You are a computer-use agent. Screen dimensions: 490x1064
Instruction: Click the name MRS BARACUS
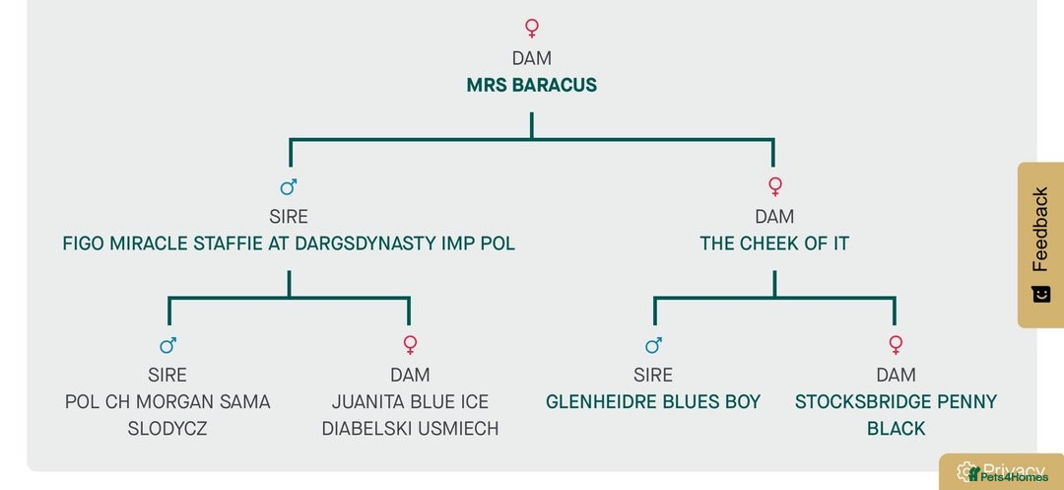coord(531,85)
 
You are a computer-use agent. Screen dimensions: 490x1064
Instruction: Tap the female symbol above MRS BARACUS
coord(532,28)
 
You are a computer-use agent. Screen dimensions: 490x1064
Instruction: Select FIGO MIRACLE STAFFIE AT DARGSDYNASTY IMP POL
coord(289,244)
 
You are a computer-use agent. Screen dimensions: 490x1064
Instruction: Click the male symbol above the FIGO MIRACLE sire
coord(289,186)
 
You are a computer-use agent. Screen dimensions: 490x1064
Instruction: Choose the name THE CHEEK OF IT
coord(774,244)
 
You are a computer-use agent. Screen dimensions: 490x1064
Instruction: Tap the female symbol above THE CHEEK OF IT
coord(774,186)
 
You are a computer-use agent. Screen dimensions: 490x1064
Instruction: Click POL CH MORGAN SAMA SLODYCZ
coord(167,415)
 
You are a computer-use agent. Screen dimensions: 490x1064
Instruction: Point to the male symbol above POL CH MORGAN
coord(167,345)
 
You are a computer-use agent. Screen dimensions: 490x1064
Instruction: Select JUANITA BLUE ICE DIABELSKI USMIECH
coord(410,415)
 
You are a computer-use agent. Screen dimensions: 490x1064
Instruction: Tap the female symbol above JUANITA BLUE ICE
coord(410,345)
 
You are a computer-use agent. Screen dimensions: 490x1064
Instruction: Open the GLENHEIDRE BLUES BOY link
coord(653,402)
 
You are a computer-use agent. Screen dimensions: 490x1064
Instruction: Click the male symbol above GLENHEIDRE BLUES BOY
coord(653,345)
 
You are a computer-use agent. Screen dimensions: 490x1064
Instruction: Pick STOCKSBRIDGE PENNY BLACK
coord(896,415)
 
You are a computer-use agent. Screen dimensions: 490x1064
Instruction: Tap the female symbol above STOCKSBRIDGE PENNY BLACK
coord(896,345)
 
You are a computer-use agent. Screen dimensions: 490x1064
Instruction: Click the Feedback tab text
coord(1040,229)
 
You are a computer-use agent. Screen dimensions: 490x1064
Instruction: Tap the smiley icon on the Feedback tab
coord(1040,294)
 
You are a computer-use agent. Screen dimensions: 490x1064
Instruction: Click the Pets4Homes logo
coord(1007,477)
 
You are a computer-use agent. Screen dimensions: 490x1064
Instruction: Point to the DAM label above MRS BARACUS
coord(532,58)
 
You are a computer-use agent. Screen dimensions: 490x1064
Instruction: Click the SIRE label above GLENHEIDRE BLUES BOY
coord(653,375)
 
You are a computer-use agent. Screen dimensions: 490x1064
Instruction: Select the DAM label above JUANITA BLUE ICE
coord(410,375)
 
